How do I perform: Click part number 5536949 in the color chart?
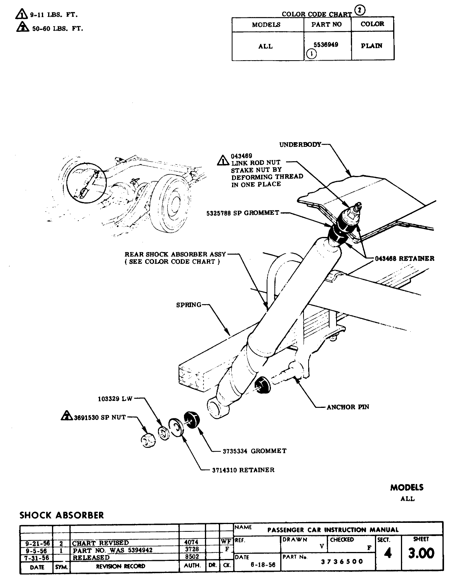point(325,45)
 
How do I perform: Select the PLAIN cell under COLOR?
point(371,45)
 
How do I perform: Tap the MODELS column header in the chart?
point(266,24)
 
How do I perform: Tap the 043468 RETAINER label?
point(405,258)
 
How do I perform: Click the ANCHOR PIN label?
point(348,407)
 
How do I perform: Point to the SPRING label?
point(189,305)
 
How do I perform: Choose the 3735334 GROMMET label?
point(254,451)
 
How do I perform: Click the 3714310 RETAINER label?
point(243,470)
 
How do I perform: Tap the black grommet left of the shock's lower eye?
point(191,419)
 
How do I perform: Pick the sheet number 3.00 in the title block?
point(421,553)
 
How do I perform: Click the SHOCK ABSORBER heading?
point(62,515)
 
